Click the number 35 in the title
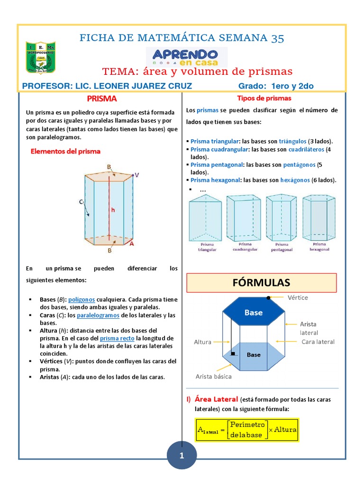278,38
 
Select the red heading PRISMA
101,99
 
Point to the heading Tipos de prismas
264,99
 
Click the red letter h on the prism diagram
113,209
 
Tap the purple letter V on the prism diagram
136,175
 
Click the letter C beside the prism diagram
81,202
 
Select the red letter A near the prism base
131,244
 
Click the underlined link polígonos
82,300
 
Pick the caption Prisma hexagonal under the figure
319,246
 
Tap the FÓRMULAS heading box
261,283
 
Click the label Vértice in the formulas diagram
298,297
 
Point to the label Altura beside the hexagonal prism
202,341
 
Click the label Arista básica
214,376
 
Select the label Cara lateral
318,341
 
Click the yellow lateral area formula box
247,430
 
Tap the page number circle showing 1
181,456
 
